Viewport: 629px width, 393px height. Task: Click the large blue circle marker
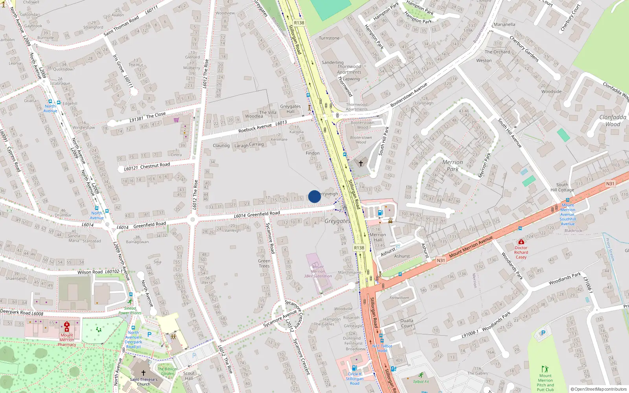click(x=314, y=196)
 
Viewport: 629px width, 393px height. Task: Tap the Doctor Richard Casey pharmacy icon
click(x=521, y=242)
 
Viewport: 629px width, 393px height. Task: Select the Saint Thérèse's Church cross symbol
click(x=143, y=373)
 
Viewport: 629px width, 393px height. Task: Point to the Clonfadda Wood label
click(x=612, y=121)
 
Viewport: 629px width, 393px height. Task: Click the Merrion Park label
click(x=452, y=165)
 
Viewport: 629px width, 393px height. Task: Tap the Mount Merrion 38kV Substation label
click(x=318, y=271)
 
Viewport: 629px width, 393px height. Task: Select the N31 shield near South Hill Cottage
click(x=610, y=184)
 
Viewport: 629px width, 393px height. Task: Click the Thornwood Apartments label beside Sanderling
click(x=349, y=69)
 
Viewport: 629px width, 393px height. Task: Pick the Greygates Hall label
click(x=290, y=109)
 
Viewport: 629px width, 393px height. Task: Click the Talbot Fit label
click(x=421, y=381)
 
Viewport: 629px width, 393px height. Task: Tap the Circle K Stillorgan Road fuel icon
click(x=354, y=368)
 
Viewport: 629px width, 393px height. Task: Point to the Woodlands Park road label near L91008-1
click(x=496, y=321)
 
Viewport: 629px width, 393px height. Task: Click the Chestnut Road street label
click(x=155, y=165)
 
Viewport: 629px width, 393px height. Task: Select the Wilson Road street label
click(x=90, y=272)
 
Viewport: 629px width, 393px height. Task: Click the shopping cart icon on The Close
click(x=176, y=120)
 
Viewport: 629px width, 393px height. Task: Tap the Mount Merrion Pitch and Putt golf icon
click(x=545, y=369)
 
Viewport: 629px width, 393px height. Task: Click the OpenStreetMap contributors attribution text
click(x=598, y=389)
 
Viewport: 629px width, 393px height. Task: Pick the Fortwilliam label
click(x=399, y=298)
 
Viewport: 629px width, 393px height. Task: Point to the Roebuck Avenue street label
click(x=255, y=128)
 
